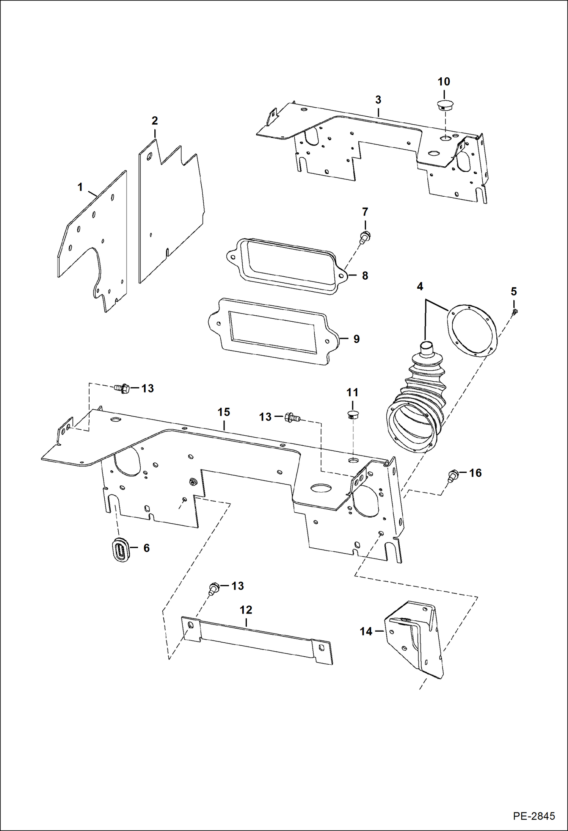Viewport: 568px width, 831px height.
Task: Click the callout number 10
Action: click(444, 81)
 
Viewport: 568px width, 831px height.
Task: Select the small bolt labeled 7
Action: click(365, 237)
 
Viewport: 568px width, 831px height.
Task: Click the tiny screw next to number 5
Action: click(515, 312)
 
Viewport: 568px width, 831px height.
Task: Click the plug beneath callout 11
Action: click(353, 414)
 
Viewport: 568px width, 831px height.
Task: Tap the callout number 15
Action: click(224, 412)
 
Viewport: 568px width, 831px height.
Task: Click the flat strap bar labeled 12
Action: click(258, 640)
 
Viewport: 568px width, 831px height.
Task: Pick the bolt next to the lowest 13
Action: click(214, 588)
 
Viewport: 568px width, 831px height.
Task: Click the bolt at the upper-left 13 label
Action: click(122, 388)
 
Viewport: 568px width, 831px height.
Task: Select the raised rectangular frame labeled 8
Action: click(288, 265)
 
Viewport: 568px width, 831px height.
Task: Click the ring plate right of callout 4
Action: click(472, 332)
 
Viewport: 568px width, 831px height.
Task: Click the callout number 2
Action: click(155, 121)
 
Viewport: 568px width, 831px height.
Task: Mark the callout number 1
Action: click(80, 187)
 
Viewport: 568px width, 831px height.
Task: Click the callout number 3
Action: click(378, 100)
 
